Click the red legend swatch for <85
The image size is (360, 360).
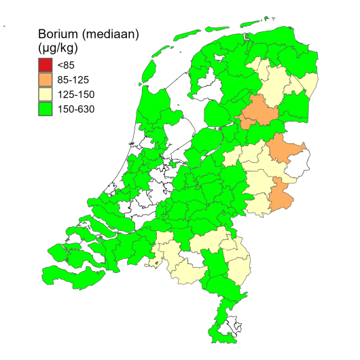[46, 65]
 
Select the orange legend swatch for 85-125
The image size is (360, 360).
[46, 79]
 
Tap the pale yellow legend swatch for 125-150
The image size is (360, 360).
[46, 94]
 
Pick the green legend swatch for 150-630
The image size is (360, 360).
[46, 108]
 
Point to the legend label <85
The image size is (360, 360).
[66, 65]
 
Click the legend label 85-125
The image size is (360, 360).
[73, 79]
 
